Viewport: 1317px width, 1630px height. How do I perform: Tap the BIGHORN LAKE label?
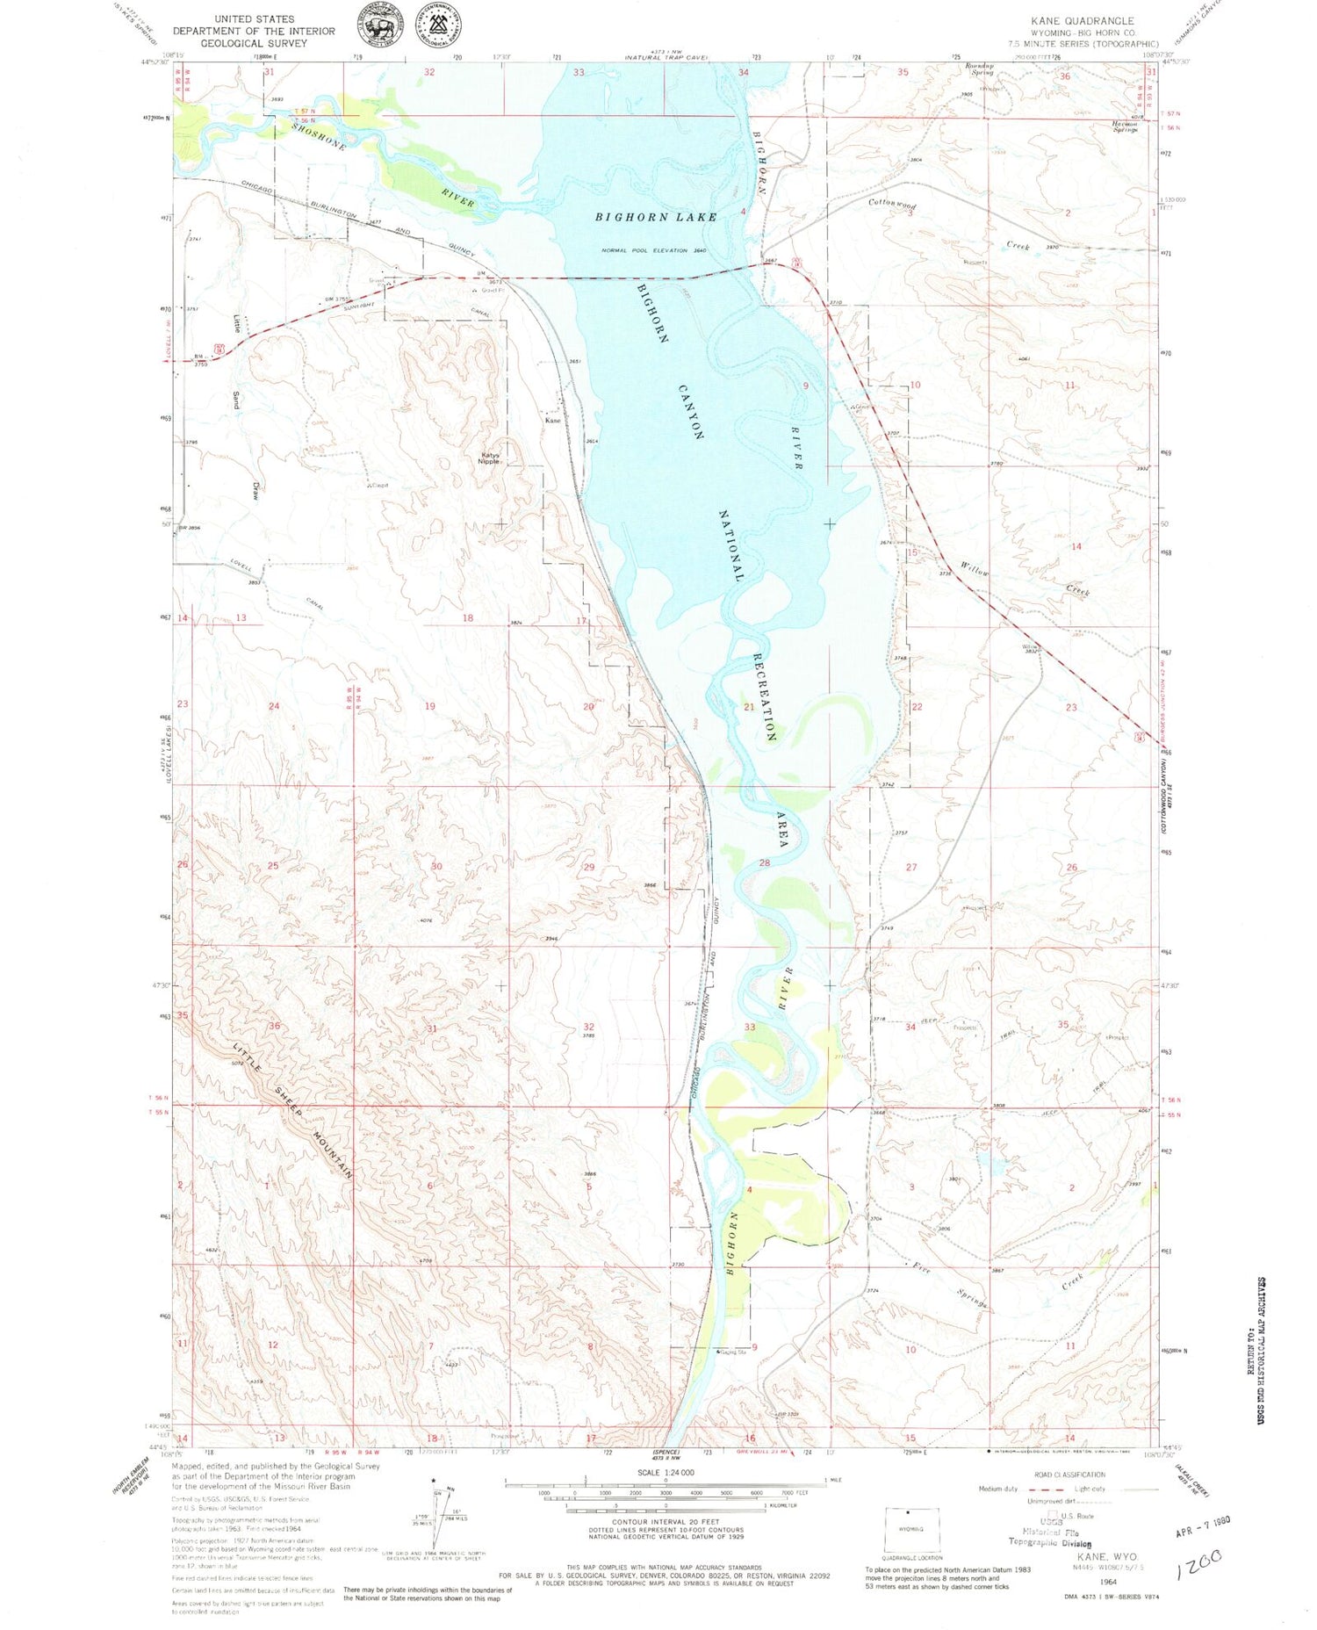point(656,217)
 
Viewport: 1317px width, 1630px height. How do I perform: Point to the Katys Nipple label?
point(490,458)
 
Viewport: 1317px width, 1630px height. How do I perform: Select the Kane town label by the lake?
point(552,421)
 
